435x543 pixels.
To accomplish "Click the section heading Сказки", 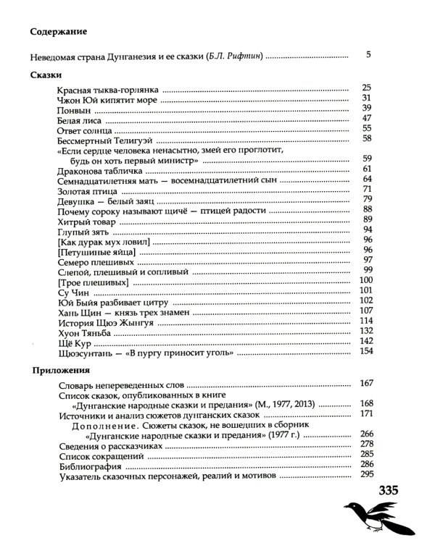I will click(47, 75).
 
